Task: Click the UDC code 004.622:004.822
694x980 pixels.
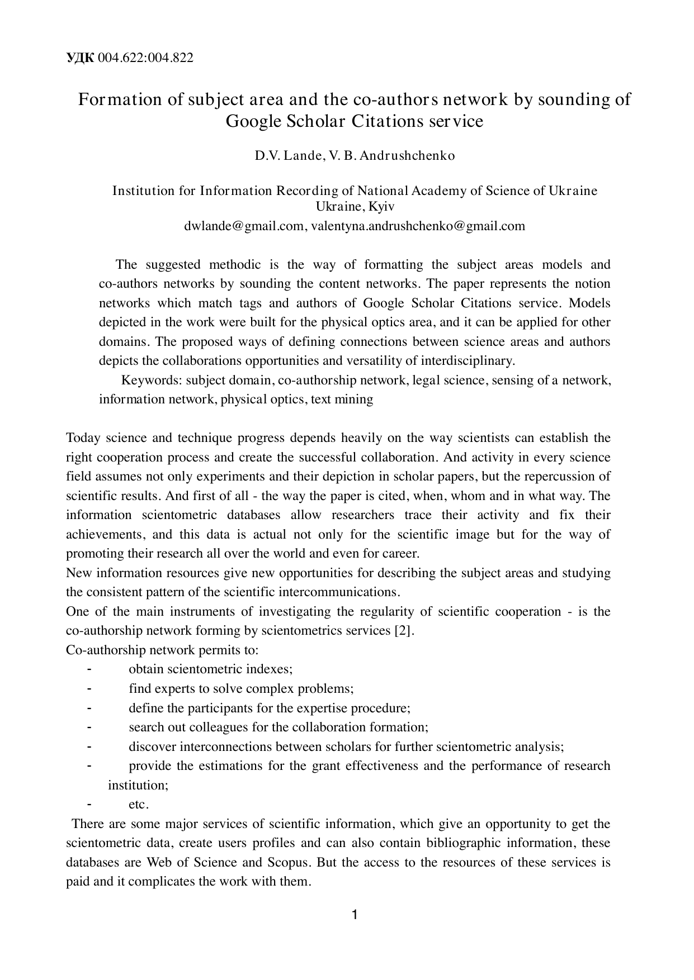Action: coord(145,58)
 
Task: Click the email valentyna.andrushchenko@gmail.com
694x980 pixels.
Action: coord(418,226)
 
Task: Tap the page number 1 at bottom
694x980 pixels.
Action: coord(354,915)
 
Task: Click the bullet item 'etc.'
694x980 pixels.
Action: coord(138,805)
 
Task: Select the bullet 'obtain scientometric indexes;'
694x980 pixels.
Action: coord(210,669)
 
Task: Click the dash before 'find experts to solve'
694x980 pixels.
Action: coord(89,688)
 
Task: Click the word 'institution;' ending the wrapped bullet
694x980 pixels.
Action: coord(138,785)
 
